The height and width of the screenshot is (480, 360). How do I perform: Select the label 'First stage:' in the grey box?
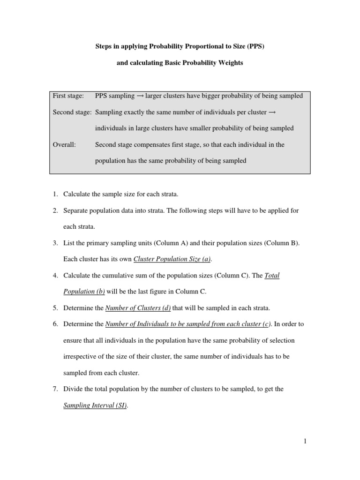[x=68, y=96]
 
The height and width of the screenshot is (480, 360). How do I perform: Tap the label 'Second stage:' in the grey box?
[x=73, y=112]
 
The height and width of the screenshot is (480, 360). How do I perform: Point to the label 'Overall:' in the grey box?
[x=64, y=145]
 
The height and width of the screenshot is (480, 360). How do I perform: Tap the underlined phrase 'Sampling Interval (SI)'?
[x=95, y=406]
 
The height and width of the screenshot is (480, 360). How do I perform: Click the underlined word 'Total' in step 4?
[x=272, y=276]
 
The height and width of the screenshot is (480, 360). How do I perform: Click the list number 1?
[x=55, y=194]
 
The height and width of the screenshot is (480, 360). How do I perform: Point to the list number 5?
[x=55, y=308]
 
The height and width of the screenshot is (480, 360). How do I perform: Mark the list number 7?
[x=55, y=390]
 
